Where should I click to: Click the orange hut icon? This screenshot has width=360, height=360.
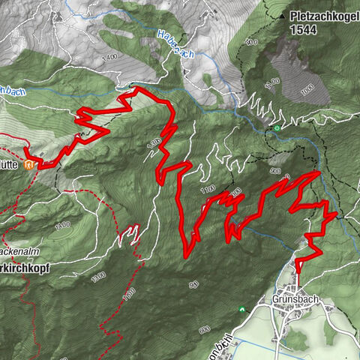pyautogui.click(x=29, y=163)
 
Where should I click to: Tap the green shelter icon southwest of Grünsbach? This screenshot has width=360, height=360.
pyautogui.click(x=242, y=308)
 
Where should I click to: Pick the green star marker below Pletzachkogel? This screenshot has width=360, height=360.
pyautogui.click(x=277, y=128)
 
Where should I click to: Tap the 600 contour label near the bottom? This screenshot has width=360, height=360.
pyautogui.click(x=205, y=330)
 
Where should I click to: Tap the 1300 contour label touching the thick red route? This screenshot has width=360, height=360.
pyautogui.click(x=155, y=141)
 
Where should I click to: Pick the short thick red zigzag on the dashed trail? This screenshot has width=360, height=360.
pyautogui.click(x=132, y=234)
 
